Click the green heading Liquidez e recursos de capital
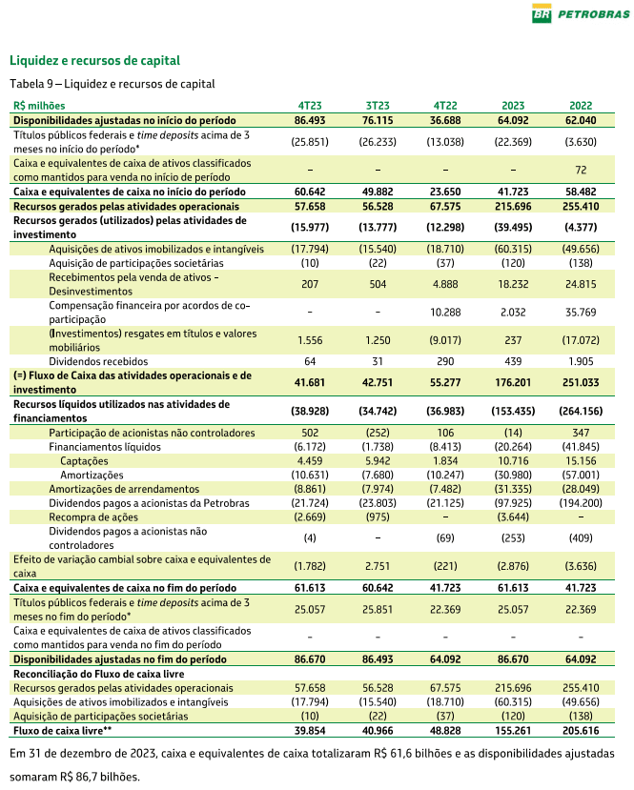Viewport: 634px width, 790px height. point(94,61)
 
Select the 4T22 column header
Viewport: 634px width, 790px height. point(445,106)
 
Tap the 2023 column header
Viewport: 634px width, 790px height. point(513,106)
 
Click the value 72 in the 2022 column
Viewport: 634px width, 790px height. point(581,170)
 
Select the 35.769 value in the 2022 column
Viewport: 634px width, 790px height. point(581,311)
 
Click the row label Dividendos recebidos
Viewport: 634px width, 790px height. point(92,360)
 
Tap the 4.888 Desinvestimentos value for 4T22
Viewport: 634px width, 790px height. point(445,283)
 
